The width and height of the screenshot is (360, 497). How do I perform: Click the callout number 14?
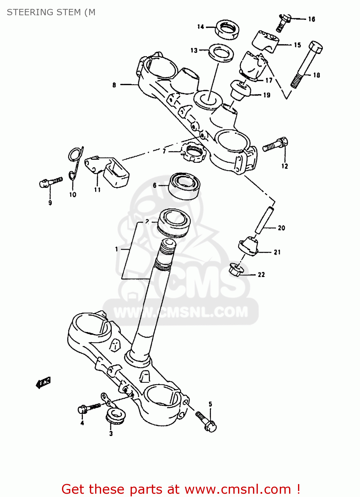pyautogui.click(x=201, y=27)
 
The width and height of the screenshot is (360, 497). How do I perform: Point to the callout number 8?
pyautogui.click(x=114, y=85)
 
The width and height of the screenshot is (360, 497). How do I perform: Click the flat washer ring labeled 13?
pyautogui.click(x=221, y=53)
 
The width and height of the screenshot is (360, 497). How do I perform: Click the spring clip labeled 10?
pyautogui.click(x=75, y=162)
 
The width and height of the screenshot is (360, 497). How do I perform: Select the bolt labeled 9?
pyautogui.click(x=50, y=182)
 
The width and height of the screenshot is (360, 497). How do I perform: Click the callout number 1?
pyautogui.click(x=116, y=249)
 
